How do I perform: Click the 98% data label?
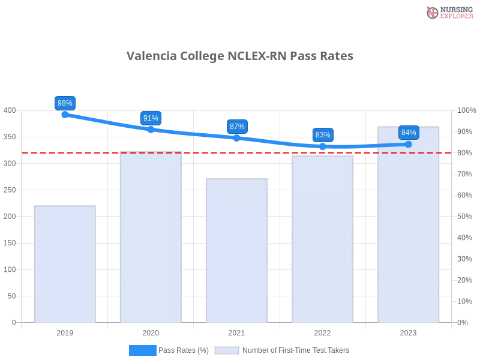click(x=65, y=103)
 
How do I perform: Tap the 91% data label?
click(x=151, y=118)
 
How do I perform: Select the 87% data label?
click(x=237, y=127)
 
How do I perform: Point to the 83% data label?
click(x=323, y=135)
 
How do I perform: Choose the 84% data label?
click(x=409, y=133)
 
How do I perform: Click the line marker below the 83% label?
click(x=323, y=146)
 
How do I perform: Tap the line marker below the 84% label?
click(x=409, y=144)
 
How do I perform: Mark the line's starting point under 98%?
click(x=65, y=114)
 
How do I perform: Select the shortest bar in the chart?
click(x=65, y=264)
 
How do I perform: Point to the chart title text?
click(x=240, y=56)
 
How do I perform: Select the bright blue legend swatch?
click(x=143, y=350)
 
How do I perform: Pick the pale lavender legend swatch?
click(x=227, y=350)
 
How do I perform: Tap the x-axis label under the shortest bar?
click(x=65, y=331)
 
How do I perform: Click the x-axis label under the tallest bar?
click(x=409, y=331)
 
